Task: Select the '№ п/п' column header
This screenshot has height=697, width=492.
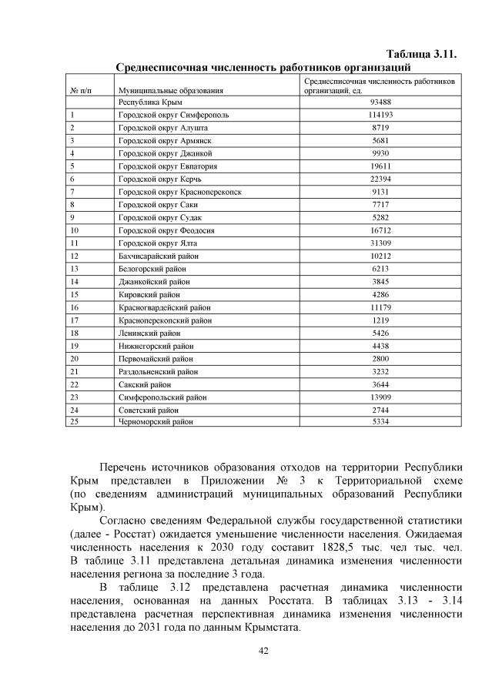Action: (82, 91)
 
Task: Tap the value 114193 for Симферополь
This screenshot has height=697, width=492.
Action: (380, 115)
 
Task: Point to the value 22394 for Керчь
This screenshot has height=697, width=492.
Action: (380, 179)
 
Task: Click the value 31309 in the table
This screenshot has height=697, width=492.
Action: (380, 243)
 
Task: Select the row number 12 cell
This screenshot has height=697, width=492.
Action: (75, 256)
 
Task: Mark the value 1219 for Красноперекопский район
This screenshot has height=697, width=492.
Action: (380, 320)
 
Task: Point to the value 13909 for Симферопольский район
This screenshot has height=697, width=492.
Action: (380, 397)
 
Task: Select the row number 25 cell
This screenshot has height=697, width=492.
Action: (75, 422)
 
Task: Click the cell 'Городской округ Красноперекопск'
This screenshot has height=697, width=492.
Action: (179, 192)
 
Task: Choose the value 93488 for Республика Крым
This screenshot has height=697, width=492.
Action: (380, 102)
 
